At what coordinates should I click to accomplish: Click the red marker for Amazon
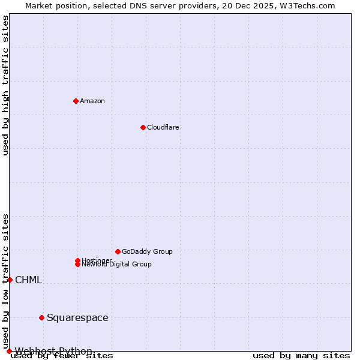pyautogui.click(x=76, y=101)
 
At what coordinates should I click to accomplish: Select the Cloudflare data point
pyautogui.click(x=143, y=127)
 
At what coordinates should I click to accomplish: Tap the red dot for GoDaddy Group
pyautogui.click(x=118, y=251)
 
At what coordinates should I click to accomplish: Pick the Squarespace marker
pyautogui.click(x=41, y=317)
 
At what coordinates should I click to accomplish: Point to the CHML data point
pyautogui.click(x=10, y=280)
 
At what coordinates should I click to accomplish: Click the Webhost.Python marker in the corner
pyautogui.click(x=9, y=351)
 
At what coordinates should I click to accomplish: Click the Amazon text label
pyautogui.click(x=92, y=101)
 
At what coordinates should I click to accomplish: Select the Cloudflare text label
pyautogui.click(x=163, y=127)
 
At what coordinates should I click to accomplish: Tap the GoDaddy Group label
pyautogui.click(x=147, y=251)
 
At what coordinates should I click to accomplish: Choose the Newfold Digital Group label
pyautogui.click(x=117, y=265)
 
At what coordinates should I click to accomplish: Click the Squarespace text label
pyautogui.click(x=77, y=317)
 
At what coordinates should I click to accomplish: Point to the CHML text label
pyautogui.click(x=28, y=280)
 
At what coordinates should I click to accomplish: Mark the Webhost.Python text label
pyautogui.click(x=53, y=351)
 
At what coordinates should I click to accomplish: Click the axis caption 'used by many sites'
pyautogui.click(x=301, y=356)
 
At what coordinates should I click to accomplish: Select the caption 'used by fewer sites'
pyautogui.click(x=62, y=356)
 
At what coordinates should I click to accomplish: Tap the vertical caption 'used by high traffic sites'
pyautogui.click(x=5, y=85)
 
